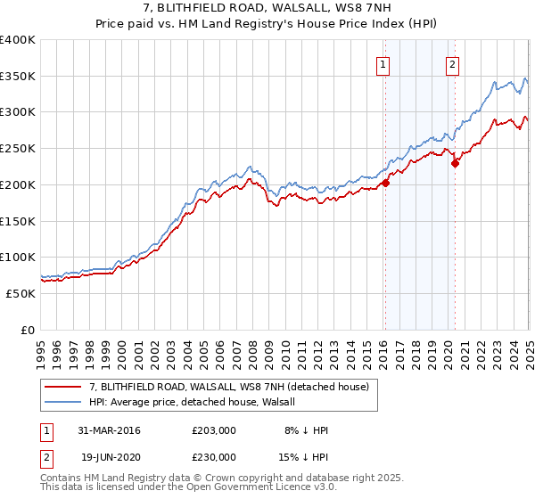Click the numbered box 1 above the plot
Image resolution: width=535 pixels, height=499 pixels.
pos(383,63)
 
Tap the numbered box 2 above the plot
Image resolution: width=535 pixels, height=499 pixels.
pos(452,63)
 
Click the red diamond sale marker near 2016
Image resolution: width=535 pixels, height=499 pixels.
pos(386,183)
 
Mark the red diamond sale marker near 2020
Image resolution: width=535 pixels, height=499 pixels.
pos(455,163)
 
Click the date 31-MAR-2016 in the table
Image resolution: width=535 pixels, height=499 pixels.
pos(110,430)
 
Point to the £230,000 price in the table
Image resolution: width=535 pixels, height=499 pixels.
pos(214,457)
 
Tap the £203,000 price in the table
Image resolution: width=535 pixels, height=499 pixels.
pos(214,430)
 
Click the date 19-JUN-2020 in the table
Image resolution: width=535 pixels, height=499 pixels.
pos(111,457)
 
